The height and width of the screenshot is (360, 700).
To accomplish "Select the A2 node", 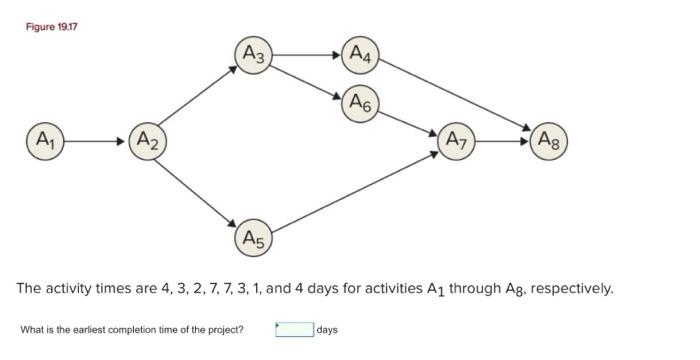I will tap(146, 140).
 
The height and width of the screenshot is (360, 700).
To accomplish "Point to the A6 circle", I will tap(360, 103).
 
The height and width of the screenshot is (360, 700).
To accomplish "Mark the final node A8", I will tap(549, 140).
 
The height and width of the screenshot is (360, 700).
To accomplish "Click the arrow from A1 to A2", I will tap(95, 140).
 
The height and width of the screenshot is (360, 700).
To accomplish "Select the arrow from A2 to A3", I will tap(198, 98).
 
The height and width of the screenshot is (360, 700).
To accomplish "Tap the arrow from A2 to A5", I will tap(198, 188).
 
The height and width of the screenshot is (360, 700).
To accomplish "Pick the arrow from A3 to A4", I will tap(306, 55).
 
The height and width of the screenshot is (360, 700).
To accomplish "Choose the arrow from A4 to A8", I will tap(455, 94).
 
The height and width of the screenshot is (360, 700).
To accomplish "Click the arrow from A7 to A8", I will tap(502, 140).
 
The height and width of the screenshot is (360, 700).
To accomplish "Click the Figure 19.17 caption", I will tap(51, 25).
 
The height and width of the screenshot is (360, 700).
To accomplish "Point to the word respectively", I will tap(571, 289).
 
